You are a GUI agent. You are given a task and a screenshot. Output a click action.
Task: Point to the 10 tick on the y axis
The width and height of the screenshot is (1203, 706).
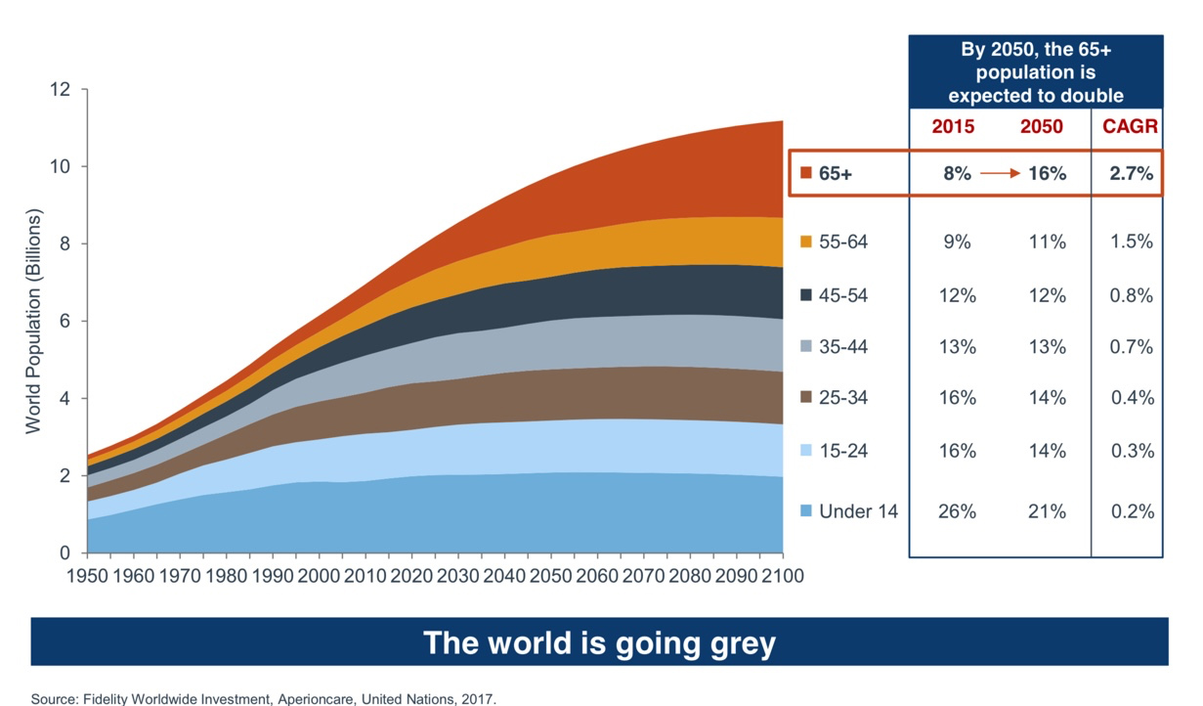pos(62,166)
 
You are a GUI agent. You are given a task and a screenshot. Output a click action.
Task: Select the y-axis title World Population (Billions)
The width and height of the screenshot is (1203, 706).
pos(33,321)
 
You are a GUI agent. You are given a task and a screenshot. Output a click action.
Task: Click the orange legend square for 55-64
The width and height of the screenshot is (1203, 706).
pos(805,242)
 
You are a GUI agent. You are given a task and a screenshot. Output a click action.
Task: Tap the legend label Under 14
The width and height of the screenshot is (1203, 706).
pos(858,510)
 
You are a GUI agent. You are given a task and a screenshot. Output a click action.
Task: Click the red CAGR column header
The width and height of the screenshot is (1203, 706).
pos(1130,127)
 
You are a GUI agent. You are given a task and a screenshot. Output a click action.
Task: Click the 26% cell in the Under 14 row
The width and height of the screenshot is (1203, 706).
pos(956,510)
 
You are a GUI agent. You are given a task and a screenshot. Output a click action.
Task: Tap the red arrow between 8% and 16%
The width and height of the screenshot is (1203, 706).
pos(999,173)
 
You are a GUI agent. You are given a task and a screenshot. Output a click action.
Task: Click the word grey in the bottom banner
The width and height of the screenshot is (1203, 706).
pos(728,642)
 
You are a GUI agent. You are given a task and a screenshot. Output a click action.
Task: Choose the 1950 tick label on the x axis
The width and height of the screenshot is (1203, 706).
pos(87,576)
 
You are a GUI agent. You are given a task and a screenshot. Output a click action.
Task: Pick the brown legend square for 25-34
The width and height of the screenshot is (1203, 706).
pos(805,398)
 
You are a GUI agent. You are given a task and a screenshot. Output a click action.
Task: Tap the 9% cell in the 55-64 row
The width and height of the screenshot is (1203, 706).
pos(956,242)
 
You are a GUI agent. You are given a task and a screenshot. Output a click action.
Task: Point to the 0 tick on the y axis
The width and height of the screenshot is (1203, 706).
pos(66,553)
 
